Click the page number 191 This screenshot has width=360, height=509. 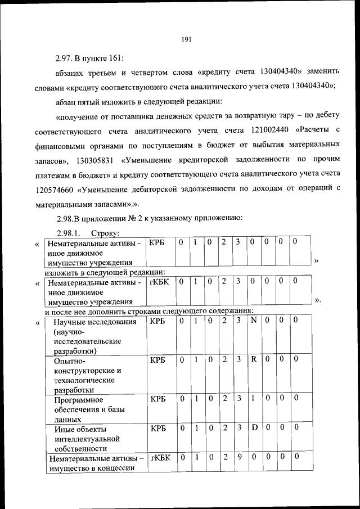[x=187, y=39]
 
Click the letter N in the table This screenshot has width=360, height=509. [x=254, y=320]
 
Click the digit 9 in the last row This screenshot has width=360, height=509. [x=239, y=457]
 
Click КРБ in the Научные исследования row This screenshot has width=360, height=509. [x=157, y=321]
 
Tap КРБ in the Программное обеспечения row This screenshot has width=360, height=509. [x=157, y=399]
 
